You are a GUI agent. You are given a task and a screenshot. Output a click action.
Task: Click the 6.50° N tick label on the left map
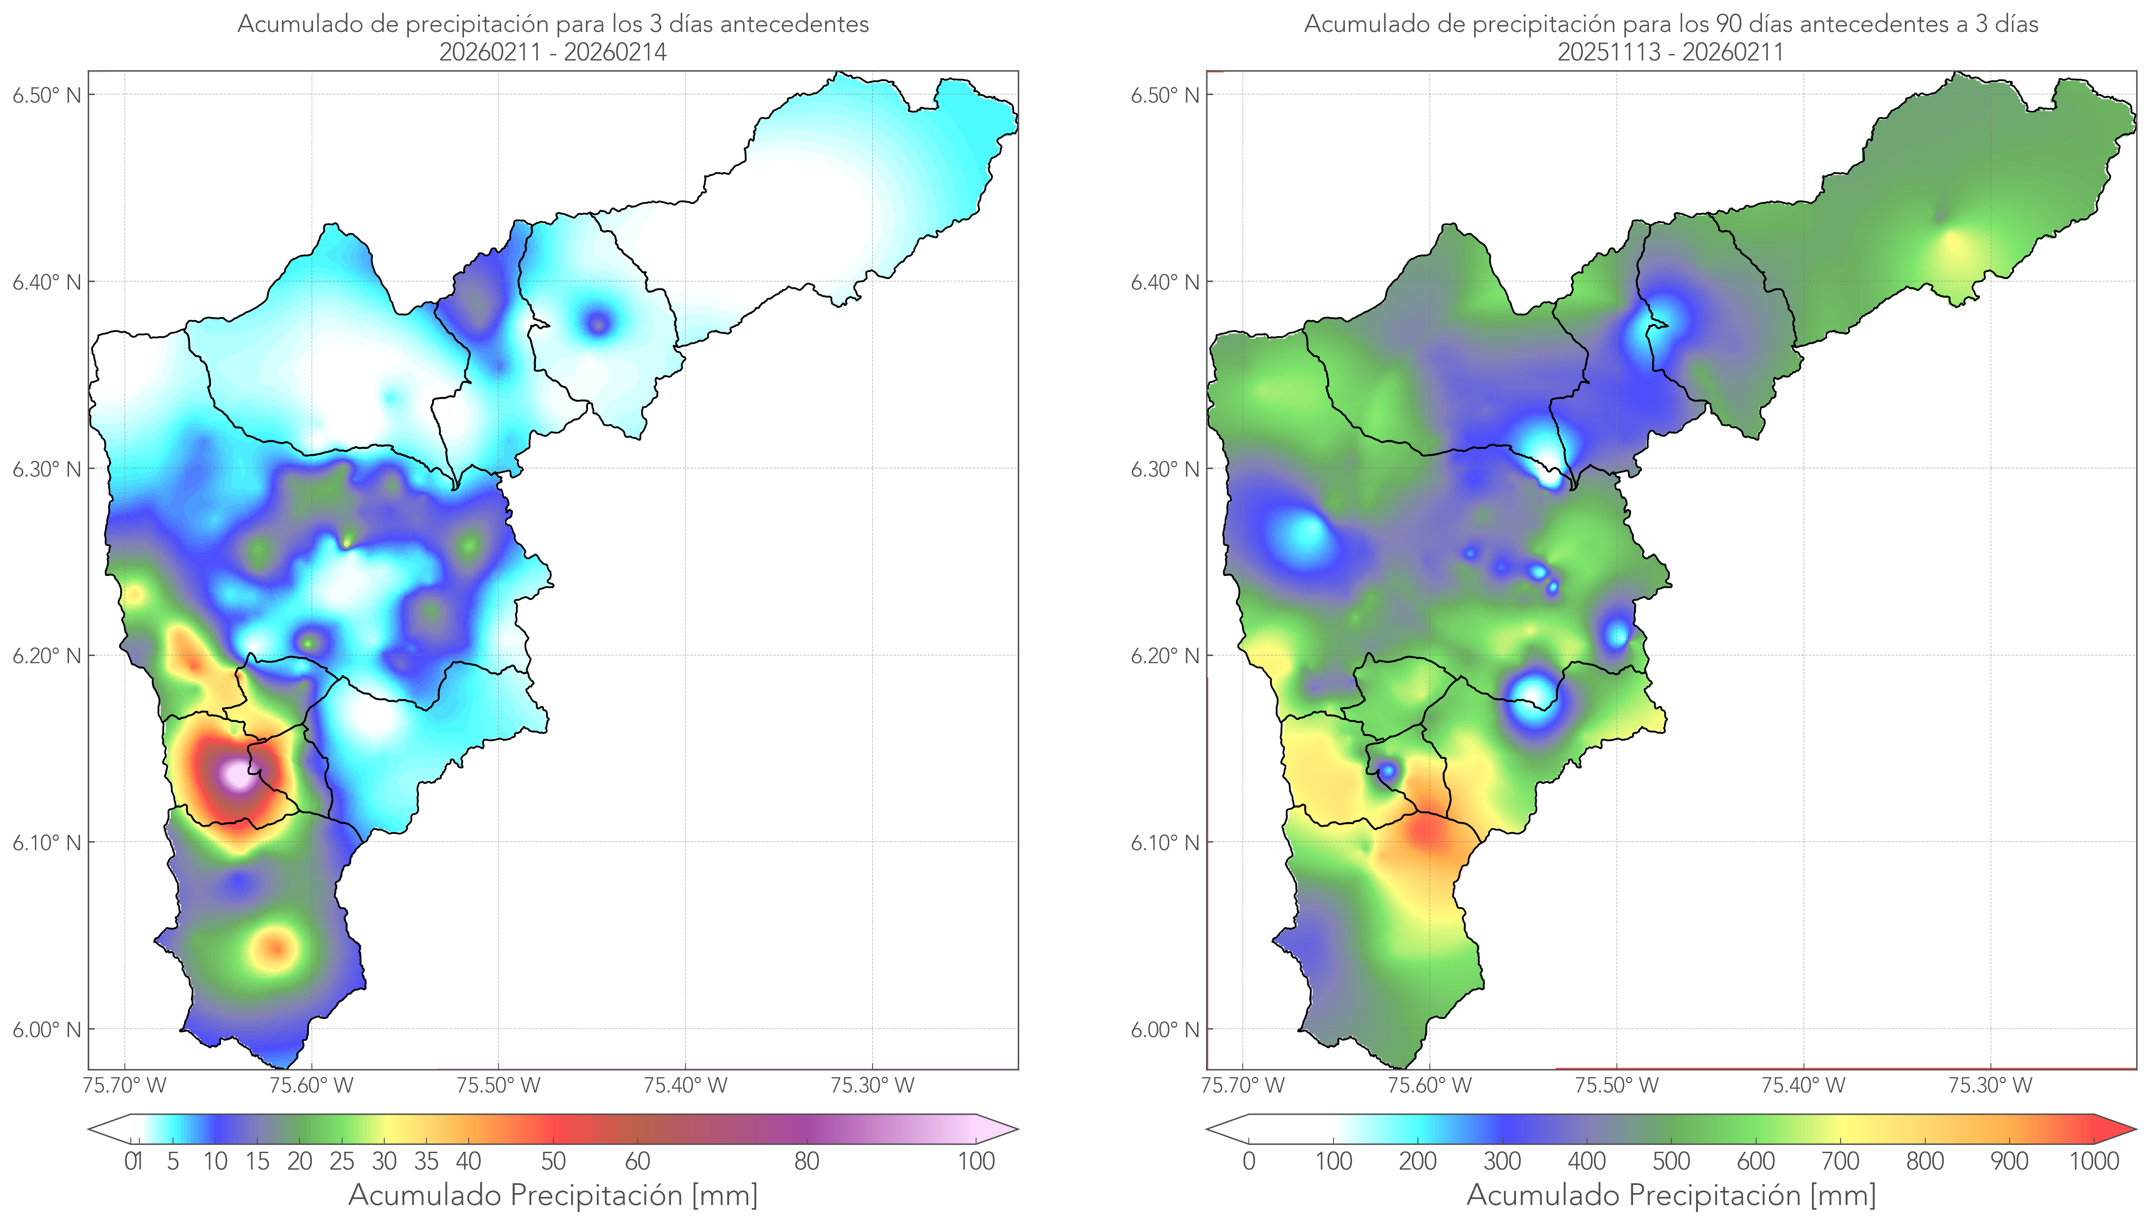pos(46,95)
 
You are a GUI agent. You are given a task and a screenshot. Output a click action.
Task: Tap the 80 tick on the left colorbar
pos(806,1161)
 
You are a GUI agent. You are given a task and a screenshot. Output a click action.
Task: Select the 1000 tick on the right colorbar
pos(2094,1161)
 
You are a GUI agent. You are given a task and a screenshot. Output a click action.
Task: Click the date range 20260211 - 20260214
pos(553,52)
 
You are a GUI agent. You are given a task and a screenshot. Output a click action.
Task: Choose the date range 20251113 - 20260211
pos(1670,52)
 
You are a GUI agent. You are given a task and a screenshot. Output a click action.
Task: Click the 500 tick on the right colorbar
pos(1671,1161)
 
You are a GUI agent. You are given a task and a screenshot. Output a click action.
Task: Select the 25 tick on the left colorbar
pos(342,1161)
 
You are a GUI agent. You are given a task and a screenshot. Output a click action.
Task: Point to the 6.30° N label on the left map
pos(46,469)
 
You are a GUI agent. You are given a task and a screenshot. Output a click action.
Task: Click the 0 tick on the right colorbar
pos(1249,1161)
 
